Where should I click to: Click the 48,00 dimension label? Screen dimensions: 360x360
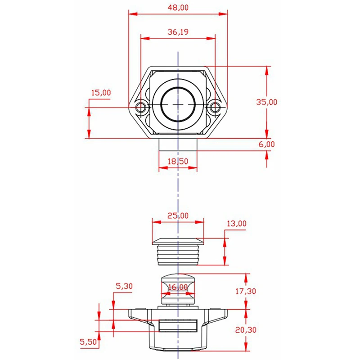pos(178,8)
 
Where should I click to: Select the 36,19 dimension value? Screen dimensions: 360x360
pos(178,32)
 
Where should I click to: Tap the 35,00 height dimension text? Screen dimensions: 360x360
pos(266,102)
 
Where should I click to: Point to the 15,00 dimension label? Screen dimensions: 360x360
pos(101,93)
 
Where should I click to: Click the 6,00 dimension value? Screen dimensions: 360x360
pos(266,144)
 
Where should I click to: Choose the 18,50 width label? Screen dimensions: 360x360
pos(178,162)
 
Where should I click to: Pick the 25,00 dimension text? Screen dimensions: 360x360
pos(178,216)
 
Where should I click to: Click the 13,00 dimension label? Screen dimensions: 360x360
pos(237,223)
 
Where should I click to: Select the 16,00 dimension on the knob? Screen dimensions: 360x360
pos(178,287)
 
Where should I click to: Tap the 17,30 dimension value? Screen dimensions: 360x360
pos(246,291)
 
